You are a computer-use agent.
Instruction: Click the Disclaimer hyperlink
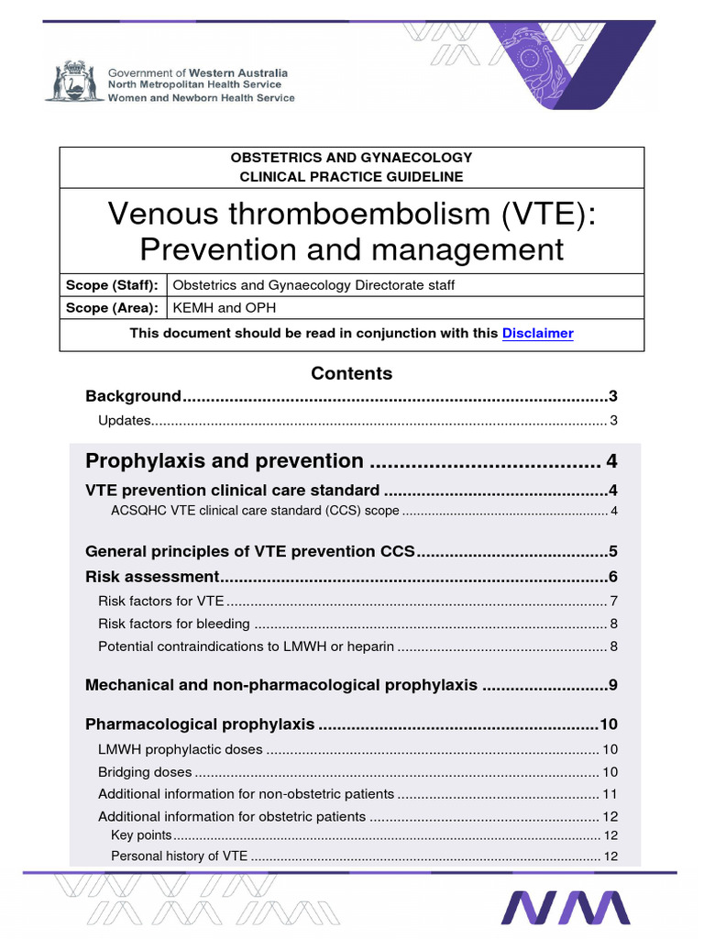click(537, 334)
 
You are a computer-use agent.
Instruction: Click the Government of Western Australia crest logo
click(74, 83)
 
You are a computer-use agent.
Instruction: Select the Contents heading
click(351, 373)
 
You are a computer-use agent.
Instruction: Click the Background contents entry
click(133, 396)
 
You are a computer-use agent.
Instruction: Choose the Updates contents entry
click(124, 421)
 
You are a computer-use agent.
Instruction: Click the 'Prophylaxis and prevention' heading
click(224, 460)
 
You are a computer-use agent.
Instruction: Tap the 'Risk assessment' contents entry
click(151, 577)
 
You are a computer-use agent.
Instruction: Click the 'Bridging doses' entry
click(145, 771)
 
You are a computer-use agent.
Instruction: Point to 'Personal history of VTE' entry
click(179, 856)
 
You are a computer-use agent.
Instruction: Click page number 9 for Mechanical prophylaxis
click(613, 685)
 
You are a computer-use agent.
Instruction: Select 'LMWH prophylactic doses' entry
click(181, 749)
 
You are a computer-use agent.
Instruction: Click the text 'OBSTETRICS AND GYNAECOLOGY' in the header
click(351, 158)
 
